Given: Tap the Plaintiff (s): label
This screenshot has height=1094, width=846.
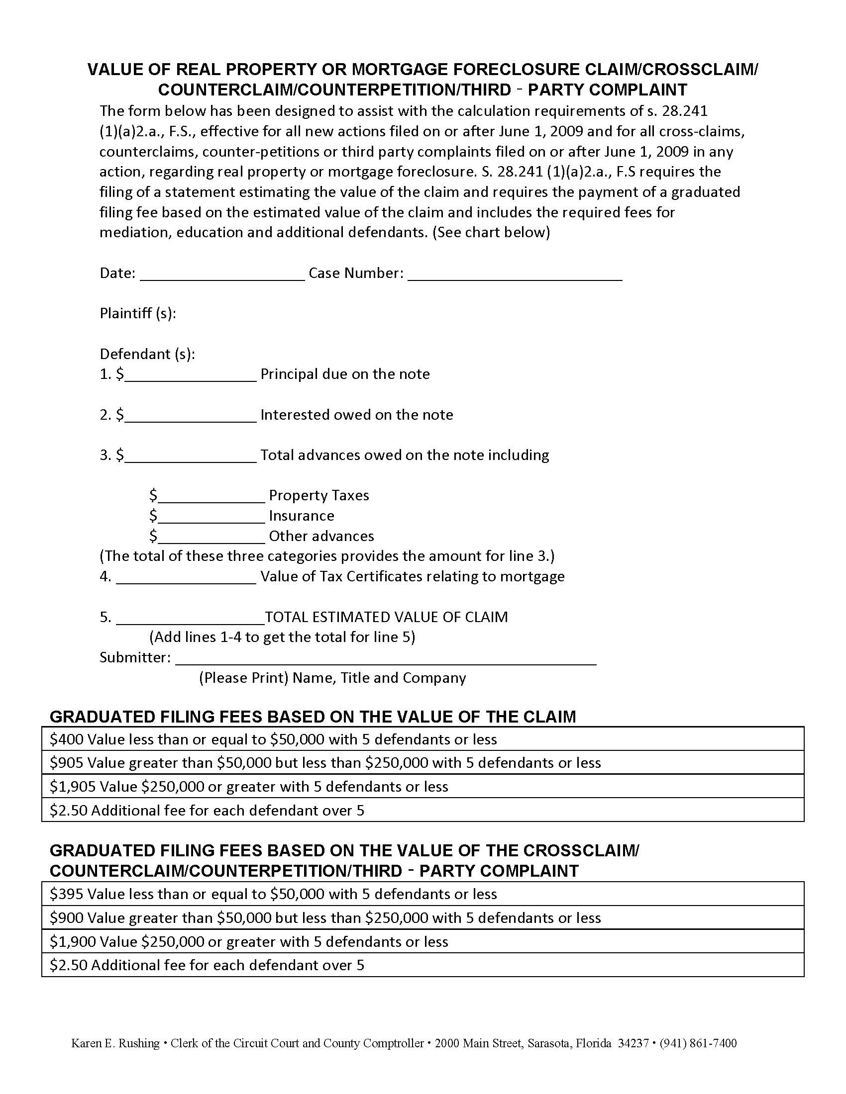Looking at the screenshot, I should tap(138, 314).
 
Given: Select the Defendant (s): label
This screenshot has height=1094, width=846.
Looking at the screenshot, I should tap(147, 354).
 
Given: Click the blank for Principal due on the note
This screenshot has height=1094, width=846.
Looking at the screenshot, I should tap(191, 375).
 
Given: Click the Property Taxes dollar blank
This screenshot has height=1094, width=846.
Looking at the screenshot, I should tap(211, 497).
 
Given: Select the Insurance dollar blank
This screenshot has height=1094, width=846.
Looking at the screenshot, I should tap(211, 517).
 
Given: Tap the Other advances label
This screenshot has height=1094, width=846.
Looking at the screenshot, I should tap(321, 536).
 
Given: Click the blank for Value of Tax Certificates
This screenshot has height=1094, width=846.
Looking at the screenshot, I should tap(186, 578).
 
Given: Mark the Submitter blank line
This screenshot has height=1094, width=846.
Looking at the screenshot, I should tap(385, 659).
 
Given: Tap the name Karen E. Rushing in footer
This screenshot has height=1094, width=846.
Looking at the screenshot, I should tap(115, 1043).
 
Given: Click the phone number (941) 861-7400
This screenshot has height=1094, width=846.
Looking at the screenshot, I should tap(698, 1043).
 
